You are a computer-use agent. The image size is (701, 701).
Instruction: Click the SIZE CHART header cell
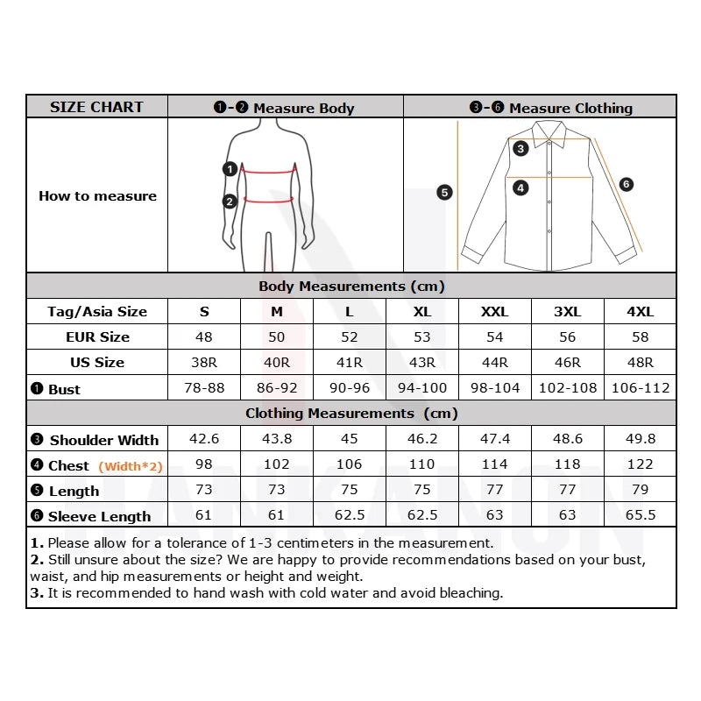pos(96,107)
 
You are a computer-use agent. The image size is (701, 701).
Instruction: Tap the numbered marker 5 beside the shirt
pos(444,192)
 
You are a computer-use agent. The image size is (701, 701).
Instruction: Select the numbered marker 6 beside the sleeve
pos(626,184)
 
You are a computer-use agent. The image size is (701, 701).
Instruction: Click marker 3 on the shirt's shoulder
pos(520,148)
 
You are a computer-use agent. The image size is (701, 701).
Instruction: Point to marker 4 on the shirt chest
pos(520,188)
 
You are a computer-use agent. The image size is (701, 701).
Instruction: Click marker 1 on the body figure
pos(230,169)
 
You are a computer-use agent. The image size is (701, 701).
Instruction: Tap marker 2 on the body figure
pos(230,201)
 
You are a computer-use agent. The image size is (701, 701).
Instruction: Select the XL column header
pos(421,311)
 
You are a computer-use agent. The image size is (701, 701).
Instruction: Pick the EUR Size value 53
pos(421,336)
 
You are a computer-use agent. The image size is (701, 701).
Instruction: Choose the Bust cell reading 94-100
pos(421,387)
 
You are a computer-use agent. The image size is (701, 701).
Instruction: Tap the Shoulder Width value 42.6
pos(204,439)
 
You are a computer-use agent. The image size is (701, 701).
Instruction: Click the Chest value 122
pos(640,464)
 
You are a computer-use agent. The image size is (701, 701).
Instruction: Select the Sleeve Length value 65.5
pos(640,515)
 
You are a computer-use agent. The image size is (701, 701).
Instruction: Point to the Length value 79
pos(640,490)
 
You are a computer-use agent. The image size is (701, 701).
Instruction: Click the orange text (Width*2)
pos(131,466)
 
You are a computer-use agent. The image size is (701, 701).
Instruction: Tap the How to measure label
pos(97,195)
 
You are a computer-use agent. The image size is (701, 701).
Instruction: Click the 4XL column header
pos(640,311)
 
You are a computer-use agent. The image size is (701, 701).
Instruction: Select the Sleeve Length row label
pos(99,516)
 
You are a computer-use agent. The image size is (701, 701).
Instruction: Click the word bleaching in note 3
pos(470,593)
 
